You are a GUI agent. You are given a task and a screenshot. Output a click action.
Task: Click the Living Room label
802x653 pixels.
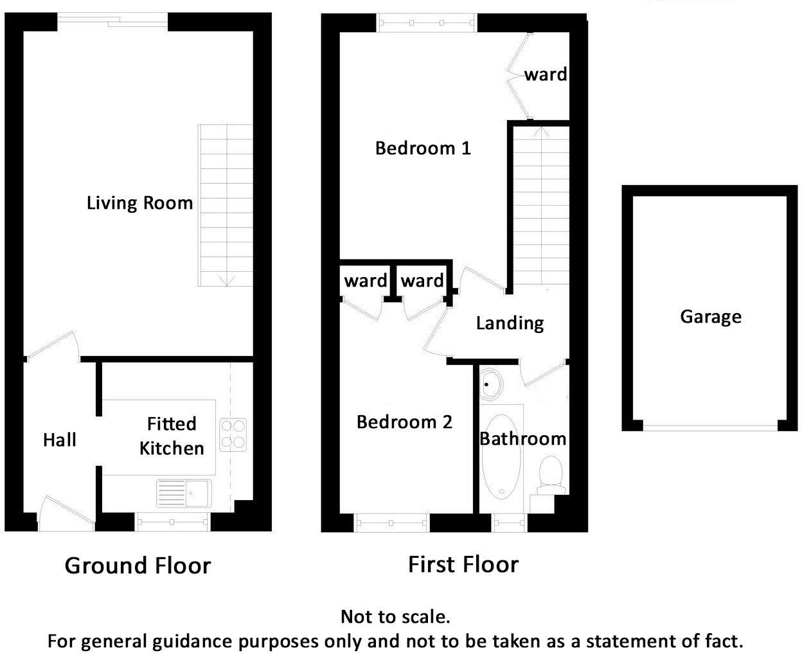[139, 203]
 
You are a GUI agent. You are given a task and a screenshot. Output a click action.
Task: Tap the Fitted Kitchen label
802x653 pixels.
[172, 436]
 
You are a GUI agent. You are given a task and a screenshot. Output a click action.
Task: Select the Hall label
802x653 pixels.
[60, 440]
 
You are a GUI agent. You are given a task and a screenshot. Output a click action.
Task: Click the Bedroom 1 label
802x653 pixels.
[423, 148]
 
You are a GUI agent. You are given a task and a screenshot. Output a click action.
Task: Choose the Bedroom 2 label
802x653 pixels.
[404, 422]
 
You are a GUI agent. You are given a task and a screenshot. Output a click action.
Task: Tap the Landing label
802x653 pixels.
[510, 323]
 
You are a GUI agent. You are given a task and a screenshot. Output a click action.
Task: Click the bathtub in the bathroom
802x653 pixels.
[502, 456]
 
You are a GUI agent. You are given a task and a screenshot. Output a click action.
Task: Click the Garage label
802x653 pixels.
[711, 317]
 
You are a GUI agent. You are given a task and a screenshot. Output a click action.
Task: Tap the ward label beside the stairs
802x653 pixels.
[546, 75]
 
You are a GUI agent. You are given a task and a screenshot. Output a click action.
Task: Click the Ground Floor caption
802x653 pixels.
[138, 566]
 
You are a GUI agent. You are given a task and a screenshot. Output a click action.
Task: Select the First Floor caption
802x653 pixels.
[463, 564]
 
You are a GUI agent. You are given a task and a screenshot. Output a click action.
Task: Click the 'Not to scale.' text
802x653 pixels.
[395, 617]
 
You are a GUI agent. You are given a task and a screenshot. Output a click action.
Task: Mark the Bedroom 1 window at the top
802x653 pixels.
[427, 23]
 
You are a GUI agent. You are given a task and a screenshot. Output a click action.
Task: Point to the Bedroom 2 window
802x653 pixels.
[391, 523]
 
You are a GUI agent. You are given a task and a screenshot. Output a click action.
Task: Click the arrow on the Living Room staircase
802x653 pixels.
[226, 280]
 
